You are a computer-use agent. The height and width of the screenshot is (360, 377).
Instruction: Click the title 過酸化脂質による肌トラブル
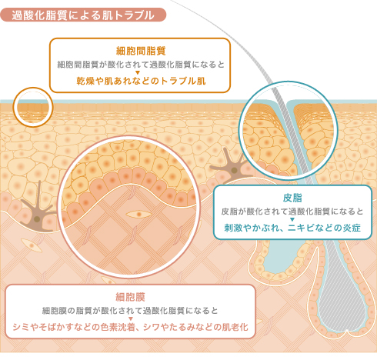tap(83, 15)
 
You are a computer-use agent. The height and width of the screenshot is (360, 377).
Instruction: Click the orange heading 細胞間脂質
tap(141, 51)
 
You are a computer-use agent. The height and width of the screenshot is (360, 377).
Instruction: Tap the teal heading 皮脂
tap(292, 198)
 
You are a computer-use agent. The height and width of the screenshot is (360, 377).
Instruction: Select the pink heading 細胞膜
tap(130, 297)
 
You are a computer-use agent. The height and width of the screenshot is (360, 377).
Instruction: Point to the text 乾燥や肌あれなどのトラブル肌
tap(141, 81)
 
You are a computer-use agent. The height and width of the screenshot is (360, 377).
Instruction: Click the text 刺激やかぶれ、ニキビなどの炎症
tap(292, 228)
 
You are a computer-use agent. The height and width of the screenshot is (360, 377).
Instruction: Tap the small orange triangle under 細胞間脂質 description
tap(138, 73)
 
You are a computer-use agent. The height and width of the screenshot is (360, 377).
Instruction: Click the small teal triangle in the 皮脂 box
tap(292, 219)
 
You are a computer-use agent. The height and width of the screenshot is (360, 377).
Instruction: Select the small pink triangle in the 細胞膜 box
tap(131, 318)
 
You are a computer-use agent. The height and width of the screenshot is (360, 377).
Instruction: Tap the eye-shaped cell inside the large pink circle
tap(138, 214)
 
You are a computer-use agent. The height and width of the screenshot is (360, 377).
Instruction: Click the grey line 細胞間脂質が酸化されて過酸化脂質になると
tap(141, 65)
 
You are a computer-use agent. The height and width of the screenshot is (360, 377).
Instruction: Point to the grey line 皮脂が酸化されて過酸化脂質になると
tap(292, 212)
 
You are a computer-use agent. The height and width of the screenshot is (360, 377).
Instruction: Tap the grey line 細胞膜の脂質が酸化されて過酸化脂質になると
tap(130, 311)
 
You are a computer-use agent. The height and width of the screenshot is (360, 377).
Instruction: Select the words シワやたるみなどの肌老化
tap(195, 327)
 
